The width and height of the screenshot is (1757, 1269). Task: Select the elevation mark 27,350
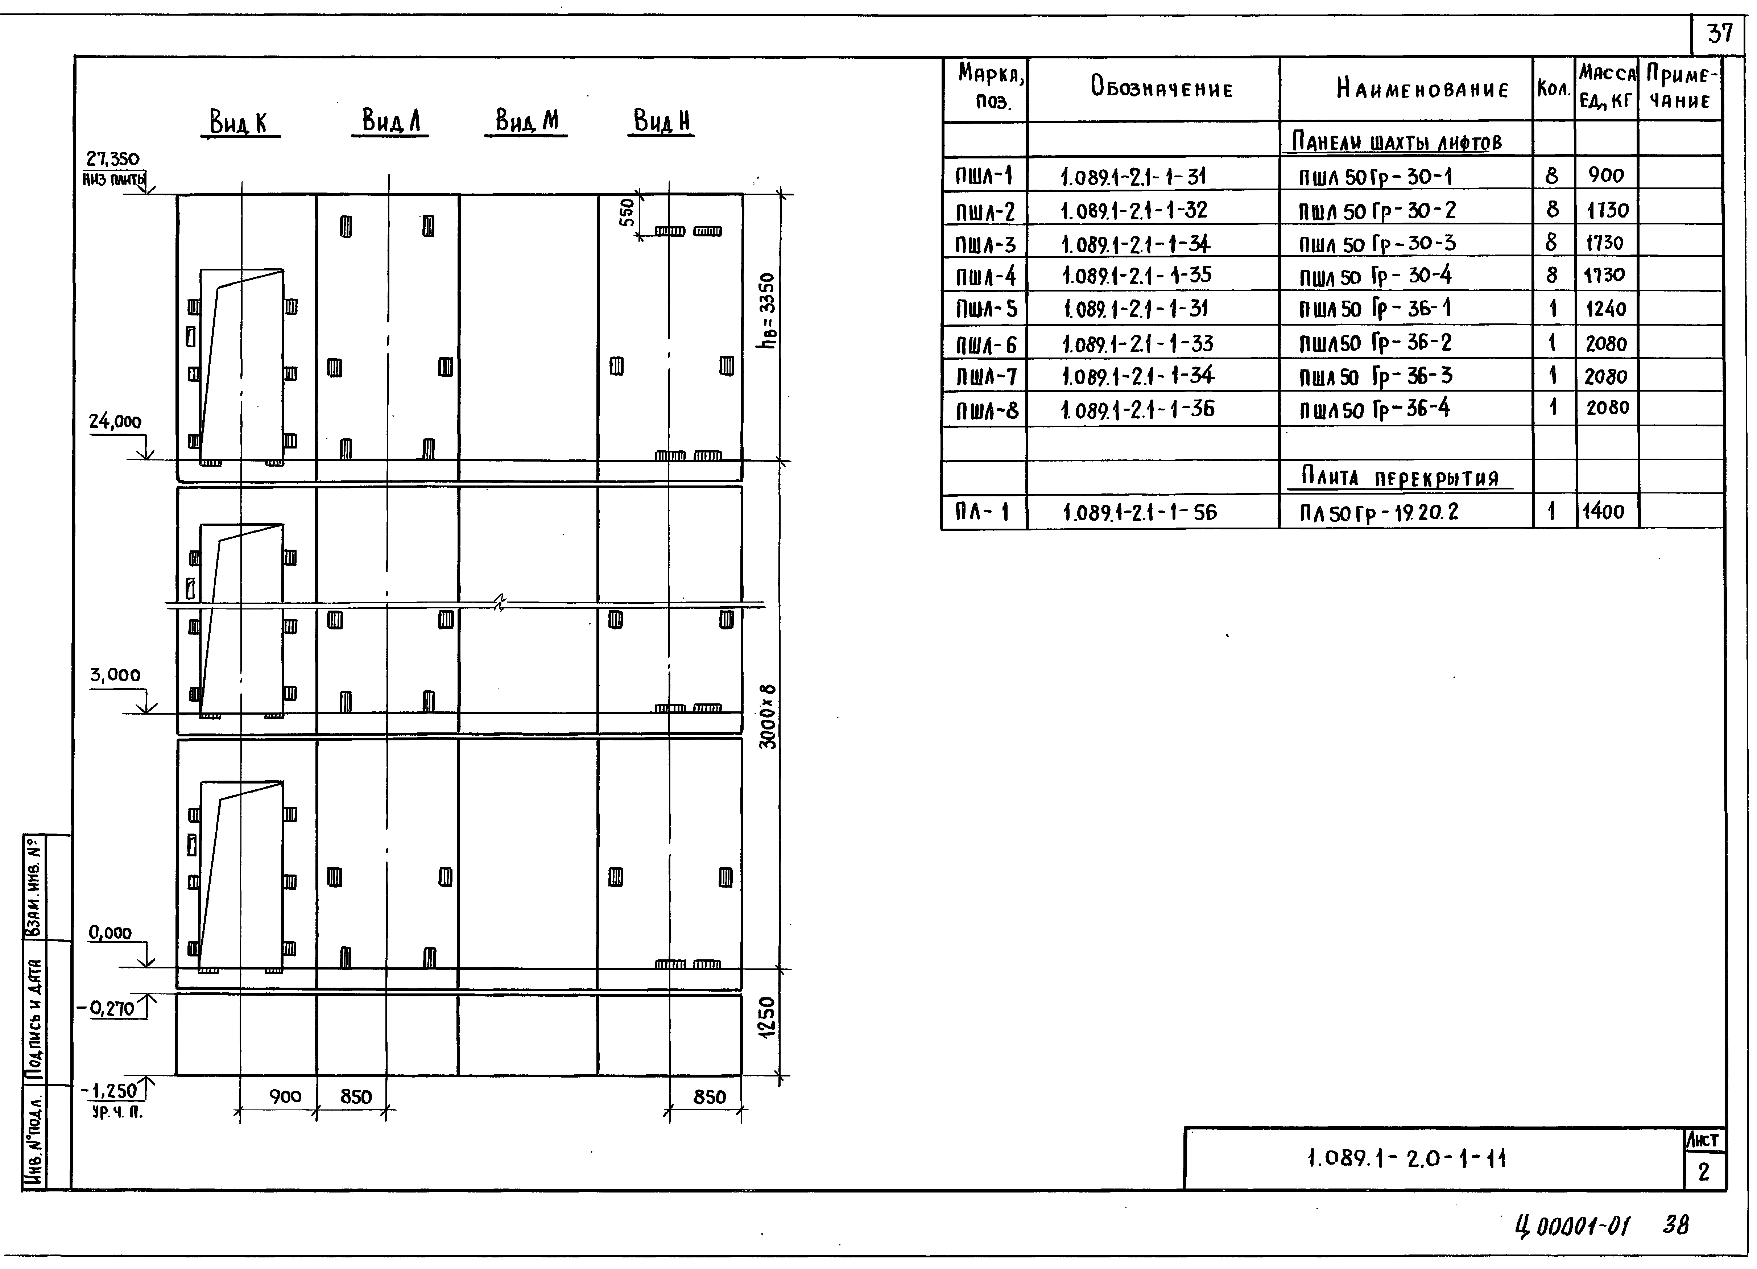pos(113,160)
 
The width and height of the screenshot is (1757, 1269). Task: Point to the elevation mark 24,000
pos(115,422)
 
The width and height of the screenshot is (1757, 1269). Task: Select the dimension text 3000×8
pos(767,716)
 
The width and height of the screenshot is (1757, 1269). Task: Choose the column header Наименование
pos(1422,90)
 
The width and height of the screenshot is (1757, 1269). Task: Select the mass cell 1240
pos(1606,309)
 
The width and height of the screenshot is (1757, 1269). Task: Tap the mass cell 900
pos(1606,175)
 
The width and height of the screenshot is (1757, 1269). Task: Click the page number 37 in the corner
pos(1720,34)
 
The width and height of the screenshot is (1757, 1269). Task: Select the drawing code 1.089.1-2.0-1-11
pos(1406,1159)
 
